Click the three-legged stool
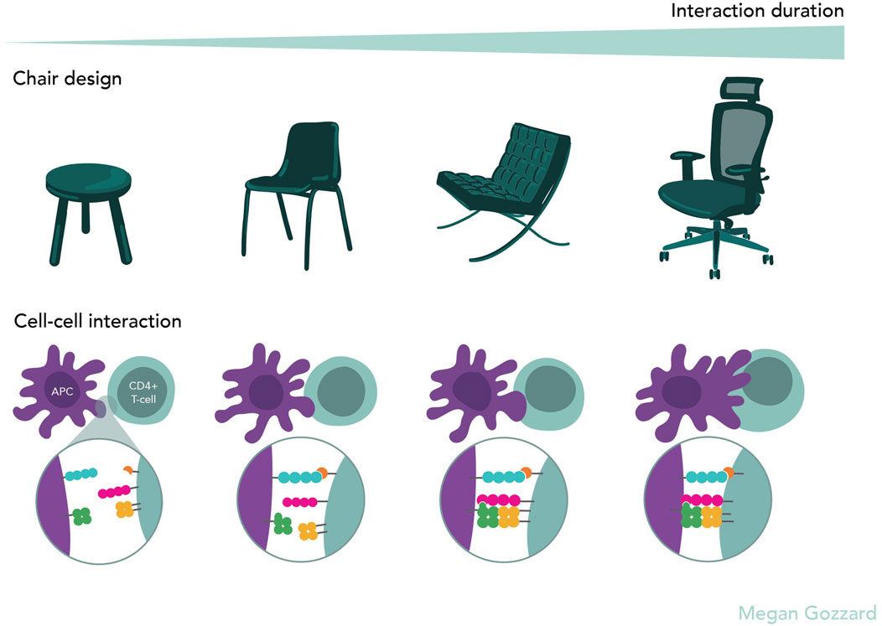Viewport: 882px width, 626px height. click(88, 202)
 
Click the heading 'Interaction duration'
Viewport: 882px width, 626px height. click(757, 12)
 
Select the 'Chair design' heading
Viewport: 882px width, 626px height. click(67, 80)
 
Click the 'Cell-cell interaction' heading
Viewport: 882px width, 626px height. click(97, 321)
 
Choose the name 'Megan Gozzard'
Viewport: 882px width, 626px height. click(807, 612)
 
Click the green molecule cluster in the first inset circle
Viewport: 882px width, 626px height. click(82, 516)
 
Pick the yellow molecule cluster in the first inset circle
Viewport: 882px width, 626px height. click(124, 508)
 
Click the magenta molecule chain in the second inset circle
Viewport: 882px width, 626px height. click(299, 502)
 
